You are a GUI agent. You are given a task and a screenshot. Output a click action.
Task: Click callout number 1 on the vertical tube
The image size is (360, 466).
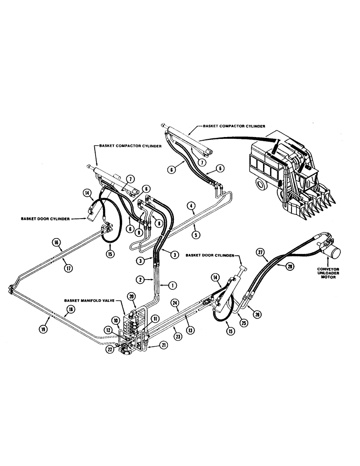coord(172,284)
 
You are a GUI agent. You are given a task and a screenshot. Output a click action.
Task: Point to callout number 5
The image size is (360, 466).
coord(197,235)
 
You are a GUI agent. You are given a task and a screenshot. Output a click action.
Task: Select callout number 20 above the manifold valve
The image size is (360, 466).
coord(131,297)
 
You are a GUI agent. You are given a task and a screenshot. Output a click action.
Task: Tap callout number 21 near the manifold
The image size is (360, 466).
coord(163,345)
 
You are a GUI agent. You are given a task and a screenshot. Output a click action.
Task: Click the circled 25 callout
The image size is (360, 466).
coord(243,322)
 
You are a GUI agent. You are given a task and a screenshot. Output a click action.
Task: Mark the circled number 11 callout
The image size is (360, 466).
coord(154,319)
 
